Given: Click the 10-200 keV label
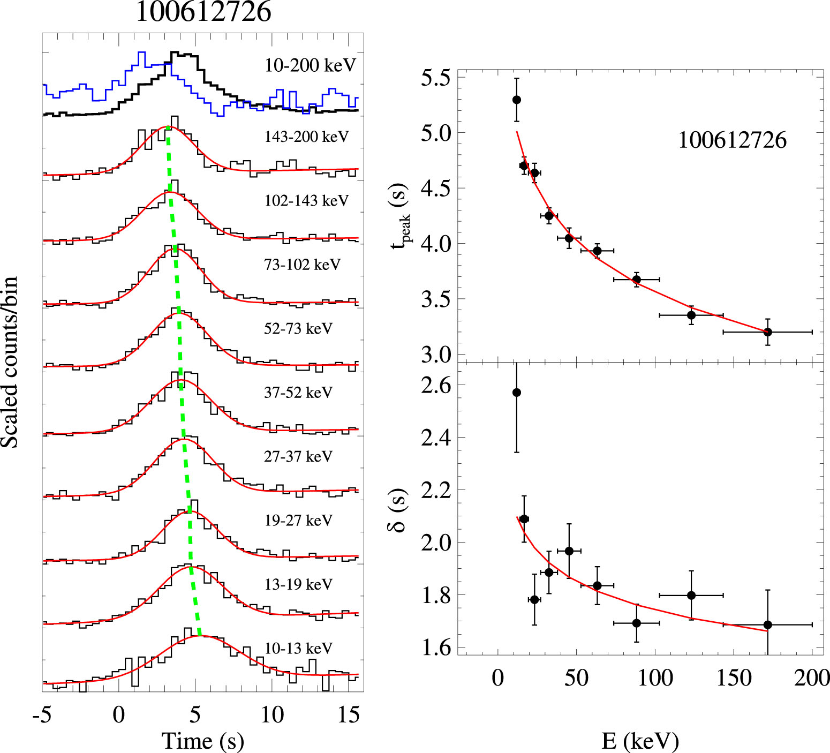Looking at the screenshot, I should tap(310, 65).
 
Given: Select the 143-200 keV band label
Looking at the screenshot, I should tap(306, 137).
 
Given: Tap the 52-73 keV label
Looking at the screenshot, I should tap(298, 328).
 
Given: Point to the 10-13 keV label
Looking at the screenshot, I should tap(298, 648).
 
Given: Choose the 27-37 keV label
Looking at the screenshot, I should tap(298, 456).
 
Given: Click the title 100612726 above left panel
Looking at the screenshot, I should tap(203, 12).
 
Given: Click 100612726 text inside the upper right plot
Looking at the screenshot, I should tap(732, 140).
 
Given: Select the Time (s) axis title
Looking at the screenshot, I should tap(202, 741).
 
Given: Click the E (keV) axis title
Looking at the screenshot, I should tap(640, 741).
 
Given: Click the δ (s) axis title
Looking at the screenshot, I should tap(397, 510).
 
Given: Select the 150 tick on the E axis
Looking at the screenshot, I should tap(734, 678).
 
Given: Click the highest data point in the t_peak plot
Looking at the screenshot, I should tap(516, 100).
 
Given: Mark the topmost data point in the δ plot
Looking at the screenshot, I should tap(516, 393).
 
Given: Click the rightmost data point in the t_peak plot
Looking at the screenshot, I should tap(767, 332).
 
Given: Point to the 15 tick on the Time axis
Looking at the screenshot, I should tap(349, 714).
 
